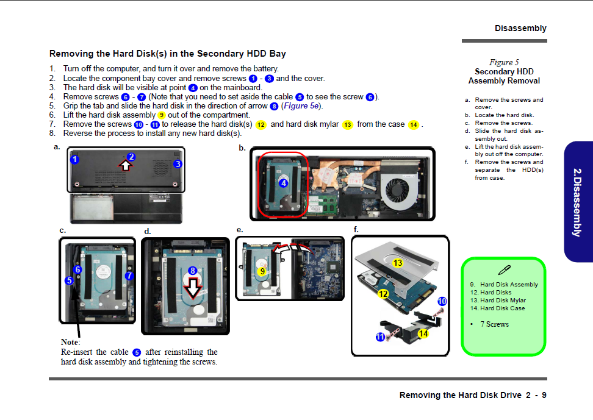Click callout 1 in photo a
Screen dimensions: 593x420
tap(74, 160)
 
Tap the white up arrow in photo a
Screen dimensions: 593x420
tap(125, 165)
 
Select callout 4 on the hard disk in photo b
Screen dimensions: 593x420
tap(283, 183)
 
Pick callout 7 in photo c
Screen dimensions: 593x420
tap(129, 276)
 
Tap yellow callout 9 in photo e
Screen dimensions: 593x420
tap(262, 271)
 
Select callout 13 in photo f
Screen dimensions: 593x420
tap(398, 263)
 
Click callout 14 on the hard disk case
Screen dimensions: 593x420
tap(423, 333)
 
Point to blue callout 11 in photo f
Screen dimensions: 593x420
tap(380, 337)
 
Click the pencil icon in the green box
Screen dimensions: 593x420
tap(504, 270)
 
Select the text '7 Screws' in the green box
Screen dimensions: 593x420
tap(494, 324)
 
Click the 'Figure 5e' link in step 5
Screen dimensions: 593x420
tap(301, 106)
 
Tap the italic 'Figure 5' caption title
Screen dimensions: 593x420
tap(504, 62)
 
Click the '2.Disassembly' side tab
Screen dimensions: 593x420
tap(577, 202)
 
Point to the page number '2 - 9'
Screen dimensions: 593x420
tap(536, 395)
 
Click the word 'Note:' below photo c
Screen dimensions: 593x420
tap(70, 342)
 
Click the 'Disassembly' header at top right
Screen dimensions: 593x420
tap(520, 29)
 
